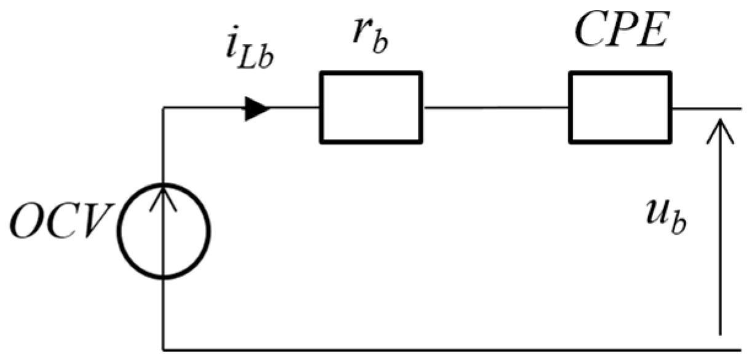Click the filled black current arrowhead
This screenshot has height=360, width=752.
(x=257, y=109)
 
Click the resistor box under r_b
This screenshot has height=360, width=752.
(x=370, y=108)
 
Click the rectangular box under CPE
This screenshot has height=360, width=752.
(x=620, y=108)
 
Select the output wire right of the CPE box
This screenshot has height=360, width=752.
(x=707, y=109)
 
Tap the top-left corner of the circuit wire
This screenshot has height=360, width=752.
(x=163, y=109)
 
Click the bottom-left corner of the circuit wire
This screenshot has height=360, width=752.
(x=163, y=350)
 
